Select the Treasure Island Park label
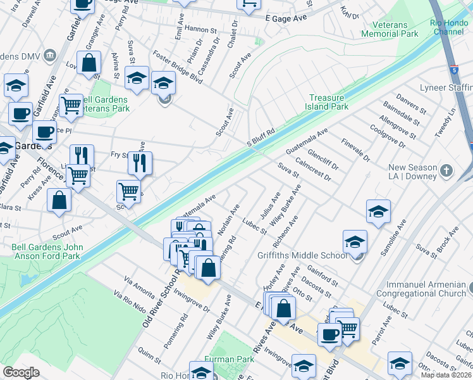click(329, 102)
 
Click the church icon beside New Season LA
click(446, 170)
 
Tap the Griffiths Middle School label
click(302, 256)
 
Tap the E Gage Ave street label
click(286, 18)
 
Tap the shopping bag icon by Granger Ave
click(90, 63)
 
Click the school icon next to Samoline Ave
click(378, 211)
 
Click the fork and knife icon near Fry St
click(140, 163)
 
